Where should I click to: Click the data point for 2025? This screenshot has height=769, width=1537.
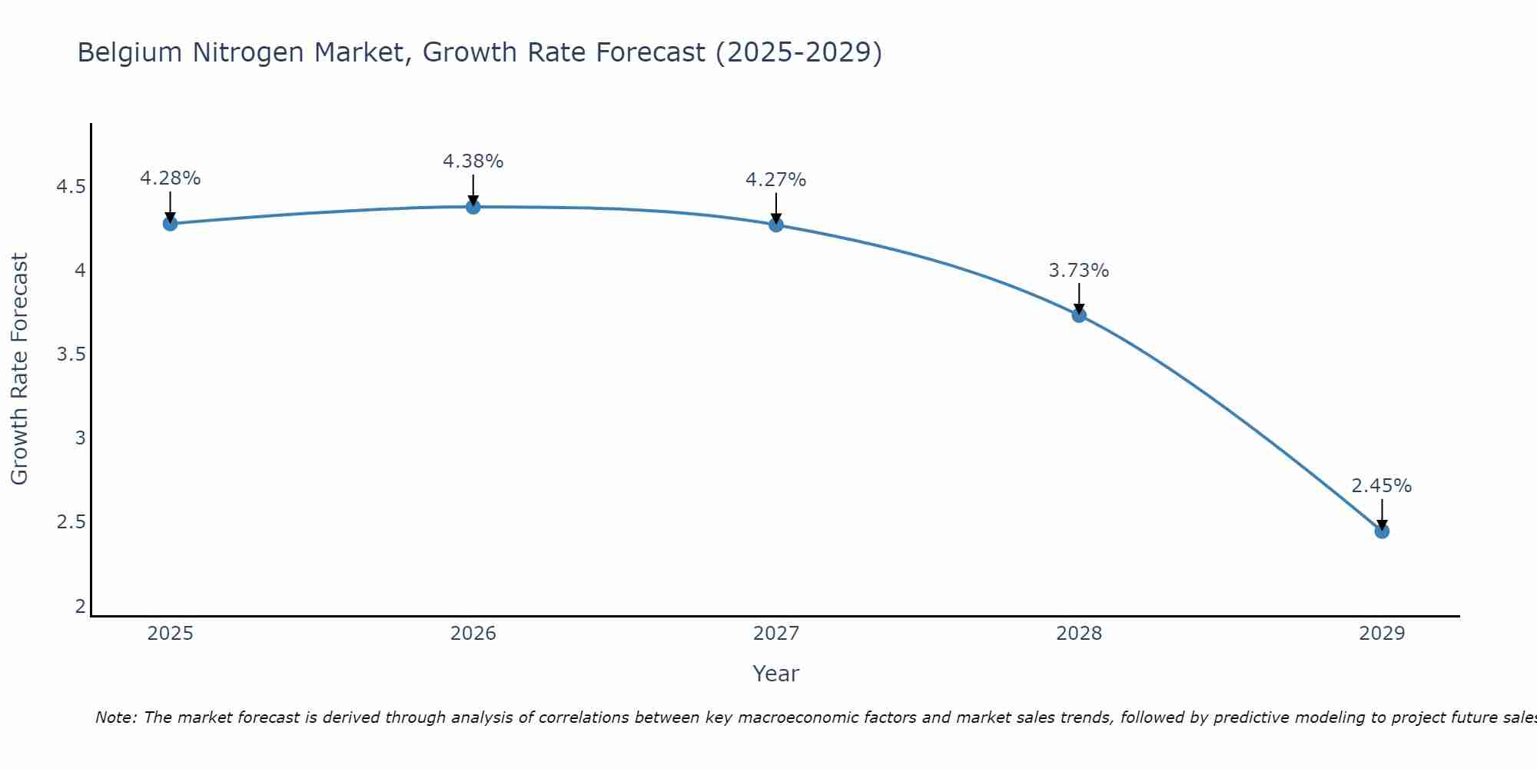click(x=170, y=224)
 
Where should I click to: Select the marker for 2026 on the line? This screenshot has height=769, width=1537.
click(x=473, y=207)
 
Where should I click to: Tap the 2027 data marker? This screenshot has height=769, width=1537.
click(x=775, y=225)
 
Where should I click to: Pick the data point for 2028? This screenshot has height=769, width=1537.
click(x=1078, y=315)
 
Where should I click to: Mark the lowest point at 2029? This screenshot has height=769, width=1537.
click(x=1381, y=531)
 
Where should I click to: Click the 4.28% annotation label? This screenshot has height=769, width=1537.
click(x=170, y=178)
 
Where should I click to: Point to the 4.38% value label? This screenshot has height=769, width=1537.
click(x=473, y=161)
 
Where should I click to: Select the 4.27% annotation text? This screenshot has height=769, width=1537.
click(x=775, y=180)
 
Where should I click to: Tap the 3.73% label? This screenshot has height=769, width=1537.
click(x=1078, y=271)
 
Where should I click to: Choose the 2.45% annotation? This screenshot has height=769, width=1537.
click(x=1381, y=486)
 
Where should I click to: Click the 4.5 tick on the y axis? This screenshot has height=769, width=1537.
click(x=71, y=187)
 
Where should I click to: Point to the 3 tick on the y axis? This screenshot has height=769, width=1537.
click(x=80, y=438)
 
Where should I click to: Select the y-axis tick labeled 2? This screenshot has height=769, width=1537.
click(x=80, y=606)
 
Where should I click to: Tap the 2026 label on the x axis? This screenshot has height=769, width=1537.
click(x=473, y=634)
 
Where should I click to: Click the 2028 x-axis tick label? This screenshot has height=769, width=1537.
click(x=1078, y=634)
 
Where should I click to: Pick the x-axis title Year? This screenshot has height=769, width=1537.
click(x=775, y=674)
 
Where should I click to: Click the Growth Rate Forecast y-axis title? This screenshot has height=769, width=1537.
click(x=19, y=369)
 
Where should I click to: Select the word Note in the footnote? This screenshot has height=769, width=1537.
click(x=115, y=717)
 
